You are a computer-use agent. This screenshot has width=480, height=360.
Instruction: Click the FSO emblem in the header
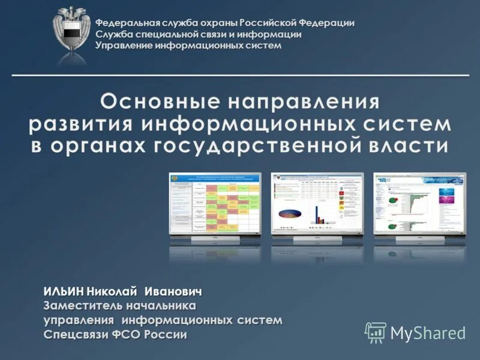tap(71, 32)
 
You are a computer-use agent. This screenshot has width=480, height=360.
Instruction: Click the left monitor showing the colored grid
tap(215, 204)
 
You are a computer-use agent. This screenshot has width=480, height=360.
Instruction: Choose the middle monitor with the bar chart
tap(317, 204)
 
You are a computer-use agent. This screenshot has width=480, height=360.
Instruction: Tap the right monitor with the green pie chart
tap(419, 204)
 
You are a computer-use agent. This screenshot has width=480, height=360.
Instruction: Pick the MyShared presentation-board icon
tap(376, 332)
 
